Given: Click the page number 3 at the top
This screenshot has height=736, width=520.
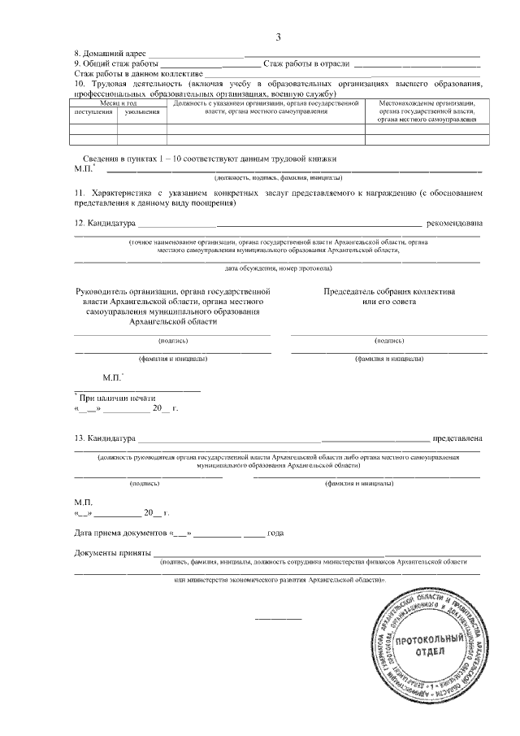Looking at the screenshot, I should point(278,37).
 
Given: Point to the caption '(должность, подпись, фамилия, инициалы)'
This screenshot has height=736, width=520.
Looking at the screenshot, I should point(278,176).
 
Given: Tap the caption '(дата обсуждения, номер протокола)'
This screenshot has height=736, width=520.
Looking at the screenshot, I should point(278,268).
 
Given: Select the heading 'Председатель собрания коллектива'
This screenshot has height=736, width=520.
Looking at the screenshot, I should point(389,291).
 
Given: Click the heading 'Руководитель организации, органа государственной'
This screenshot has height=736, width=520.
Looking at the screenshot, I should point(171,291).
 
